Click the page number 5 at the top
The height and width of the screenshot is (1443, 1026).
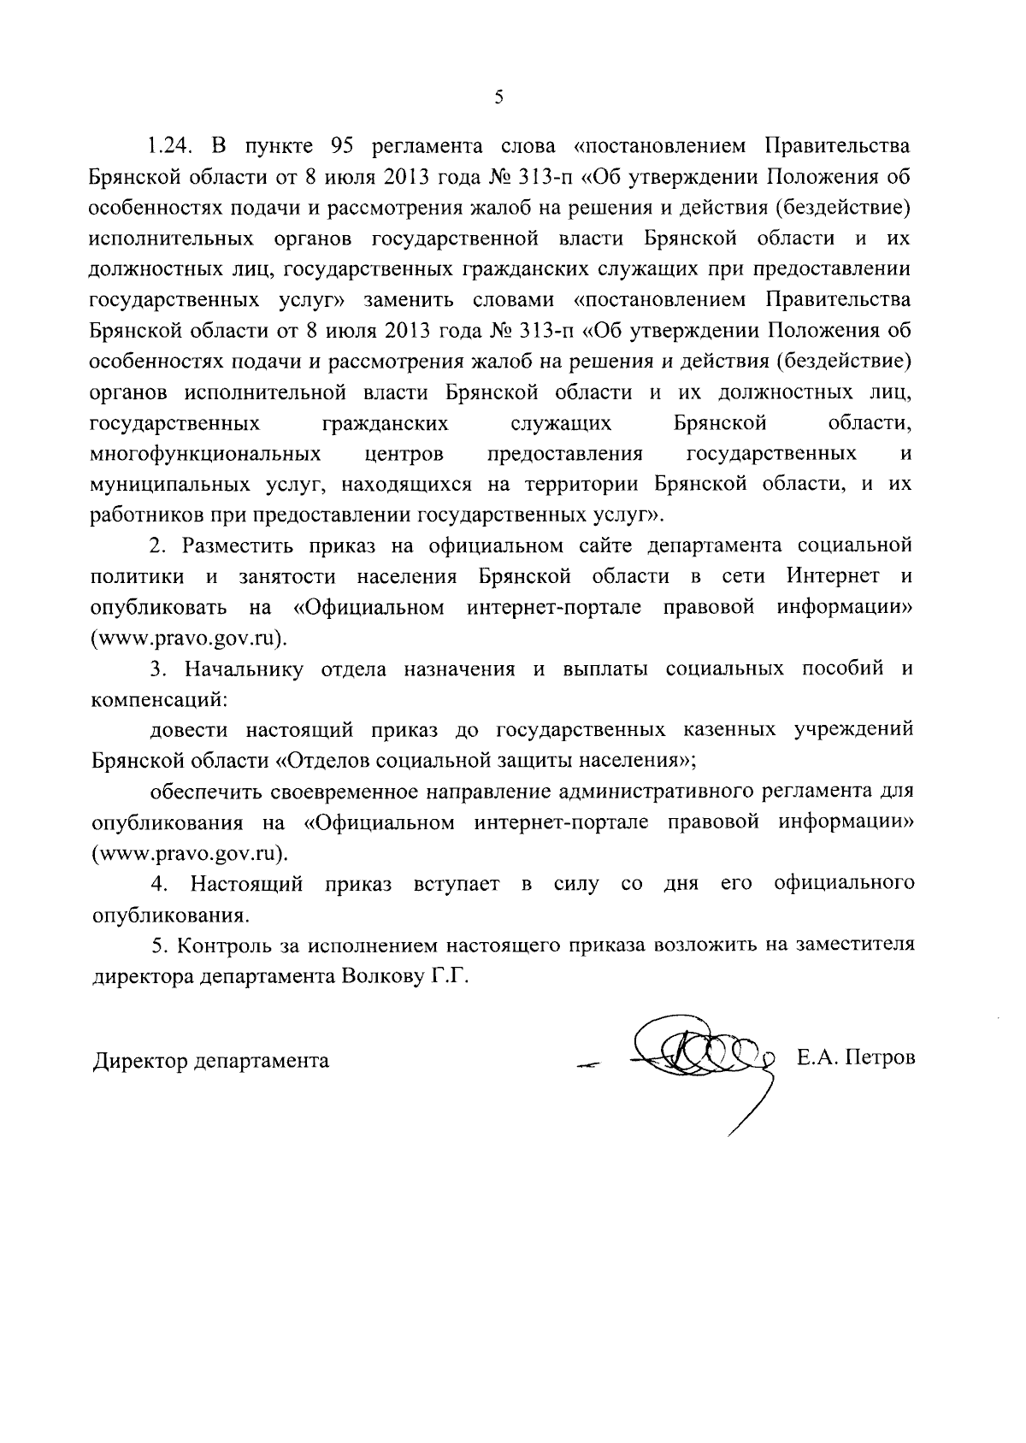498,97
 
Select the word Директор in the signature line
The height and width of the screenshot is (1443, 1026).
139,1061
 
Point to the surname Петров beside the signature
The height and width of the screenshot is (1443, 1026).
881,1058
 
